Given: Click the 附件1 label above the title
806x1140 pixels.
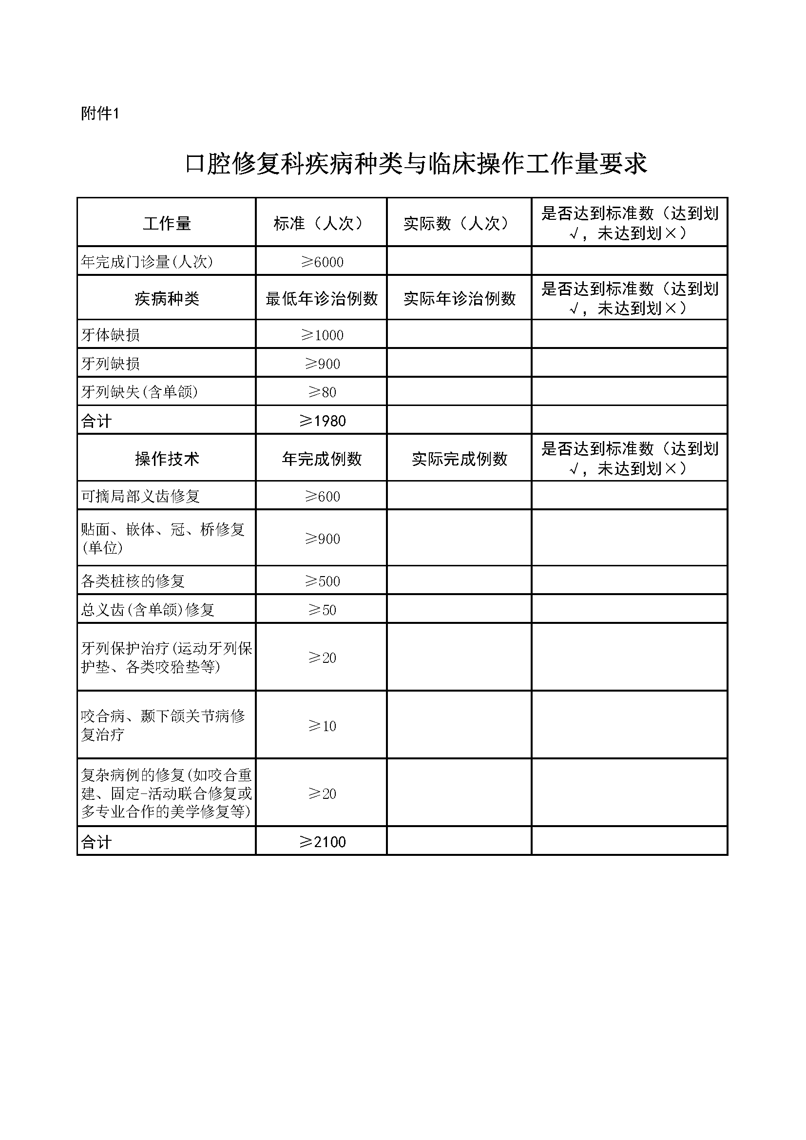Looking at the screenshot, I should coord(100,114).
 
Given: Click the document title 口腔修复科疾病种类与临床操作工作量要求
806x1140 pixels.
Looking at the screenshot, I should coord(416,163).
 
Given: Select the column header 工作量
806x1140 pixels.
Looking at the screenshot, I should coord(167,223).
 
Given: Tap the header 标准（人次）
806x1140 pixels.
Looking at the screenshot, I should coord(321,223).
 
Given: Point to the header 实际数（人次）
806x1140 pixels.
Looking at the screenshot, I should coord(459,223).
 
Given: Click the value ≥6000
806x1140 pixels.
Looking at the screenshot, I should coord(322,262).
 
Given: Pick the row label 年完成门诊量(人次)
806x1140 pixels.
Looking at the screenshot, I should coord(147,262).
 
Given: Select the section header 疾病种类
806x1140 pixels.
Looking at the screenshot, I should coord(167,298).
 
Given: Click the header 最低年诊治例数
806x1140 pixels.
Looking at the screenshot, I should coord(322,298).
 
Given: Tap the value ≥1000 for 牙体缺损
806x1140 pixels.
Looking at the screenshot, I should coord(322,335).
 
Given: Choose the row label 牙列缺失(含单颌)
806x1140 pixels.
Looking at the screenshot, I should coord(139,392).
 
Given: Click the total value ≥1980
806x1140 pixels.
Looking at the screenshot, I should coord(322,421).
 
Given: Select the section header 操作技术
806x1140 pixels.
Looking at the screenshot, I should coord(167,459).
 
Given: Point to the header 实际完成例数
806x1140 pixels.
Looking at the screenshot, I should coord(459,459).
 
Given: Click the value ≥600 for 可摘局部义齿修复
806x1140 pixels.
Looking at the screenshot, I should coord(322,496).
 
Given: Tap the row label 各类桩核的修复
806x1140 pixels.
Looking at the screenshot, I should coord(133,581).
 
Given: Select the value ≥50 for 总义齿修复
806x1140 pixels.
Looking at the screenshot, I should coord(322,610).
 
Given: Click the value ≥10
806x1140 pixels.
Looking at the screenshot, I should coord(322,726).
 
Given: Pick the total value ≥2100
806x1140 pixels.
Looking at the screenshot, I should coord(322,842).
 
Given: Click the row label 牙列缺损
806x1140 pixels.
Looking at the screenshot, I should coord(110,364).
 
